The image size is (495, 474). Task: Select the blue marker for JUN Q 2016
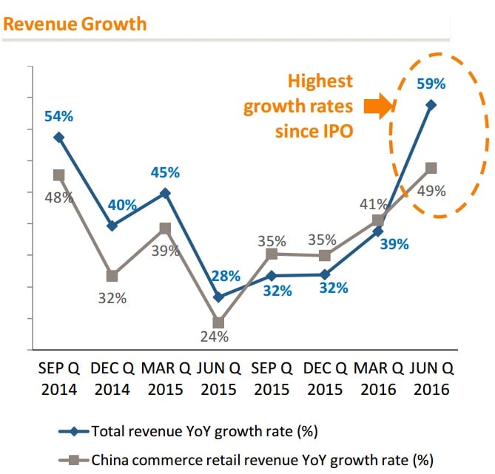[x=431, y=105]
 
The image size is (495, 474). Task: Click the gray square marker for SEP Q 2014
[x=58, y=175]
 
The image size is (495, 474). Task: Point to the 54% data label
[x=58, y=116]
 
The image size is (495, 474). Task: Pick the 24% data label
[x=218, y=336]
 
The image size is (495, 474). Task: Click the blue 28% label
[x=225, y=277]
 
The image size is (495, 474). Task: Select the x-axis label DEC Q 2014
[x=112, y=379]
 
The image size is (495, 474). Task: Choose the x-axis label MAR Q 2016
[x=378, y=379]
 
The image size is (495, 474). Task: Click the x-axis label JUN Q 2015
[x=218, y=379]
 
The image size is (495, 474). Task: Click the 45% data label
[x=165, y=172]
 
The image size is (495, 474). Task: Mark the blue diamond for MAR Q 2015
[x=166, y=193]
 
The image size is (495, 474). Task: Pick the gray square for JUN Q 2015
[x=218, y=322]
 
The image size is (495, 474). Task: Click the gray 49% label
[x=431, y=191]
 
